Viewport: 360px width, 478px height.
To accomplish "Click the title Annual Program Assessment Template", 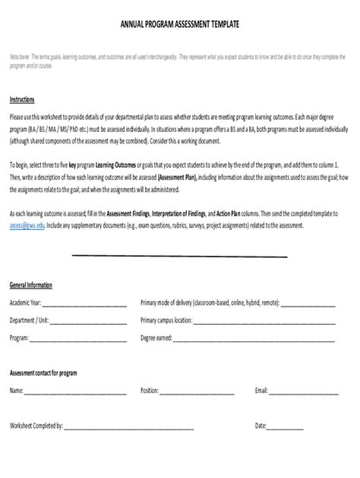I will click(180, 24).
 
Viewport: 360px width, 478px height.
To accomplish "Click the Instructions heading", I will click(21, 99).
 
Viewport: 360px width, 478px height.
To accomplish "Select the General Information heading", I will click(31, 285).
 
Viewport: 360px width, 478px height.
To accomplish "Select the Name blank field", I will click(75, 392).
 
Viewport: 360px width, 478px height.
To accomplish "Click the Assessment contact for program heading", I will click(43, 373).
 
